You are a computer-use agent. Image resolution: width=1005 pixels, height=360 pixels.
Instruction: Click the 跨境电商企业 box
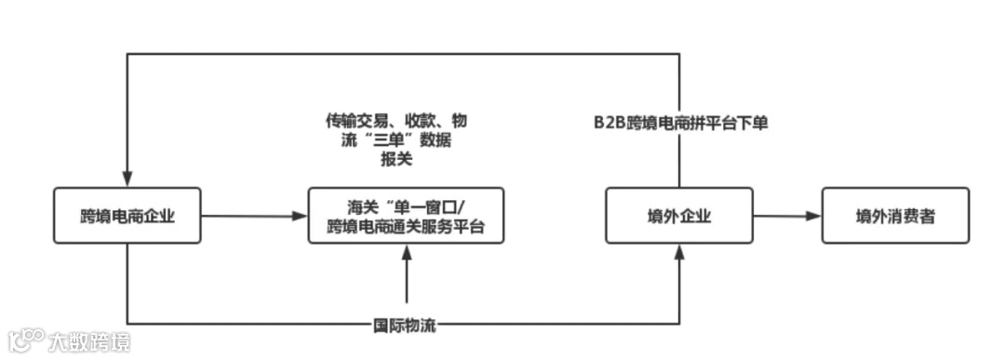[127, 215]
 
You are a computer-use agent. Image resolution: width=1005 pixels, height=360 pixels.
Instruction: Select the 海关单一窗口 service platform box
[406, 215]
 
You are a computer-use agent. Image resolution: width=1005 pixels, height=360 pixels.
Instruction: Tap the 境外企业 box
[679, 215]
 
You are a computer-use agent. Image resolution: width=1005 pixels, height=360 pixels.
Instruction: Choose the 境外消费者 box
[895, 215]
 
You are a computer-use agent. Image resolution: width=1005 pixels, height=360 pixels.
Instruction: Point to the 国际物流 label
[405, 327]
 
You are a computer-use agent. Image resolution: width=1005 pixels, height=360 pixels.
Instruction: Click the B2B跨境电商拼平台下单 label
[681, 122]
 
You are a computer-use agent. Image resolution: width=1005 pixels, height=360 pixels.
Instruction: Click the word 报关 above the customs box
[396, 160]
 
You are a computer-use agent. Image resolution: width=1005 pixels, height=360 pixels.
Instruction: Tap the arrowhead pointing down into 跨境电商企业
[127, 180]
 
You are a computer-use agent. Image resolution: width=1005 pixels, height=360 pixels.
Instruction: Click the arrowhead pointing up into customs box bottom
[407, 251]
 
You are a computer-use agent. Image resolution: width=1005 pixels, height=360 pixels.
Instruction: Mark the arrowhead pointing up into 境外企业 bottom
[680, 251]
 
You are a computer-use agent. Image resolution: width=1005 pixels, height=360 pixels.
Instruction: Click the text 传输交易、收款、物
[396, 121]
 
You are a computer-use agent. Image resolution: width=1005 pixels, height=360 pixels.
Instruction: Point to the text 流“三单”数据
[396, 140]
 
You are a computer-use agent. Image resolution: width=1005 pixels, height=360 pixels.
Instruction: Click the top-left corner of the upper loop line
[127, 54]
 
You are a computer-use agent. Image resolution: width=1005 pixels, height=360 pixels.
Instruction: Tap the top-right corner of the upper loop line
[680, 54]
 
